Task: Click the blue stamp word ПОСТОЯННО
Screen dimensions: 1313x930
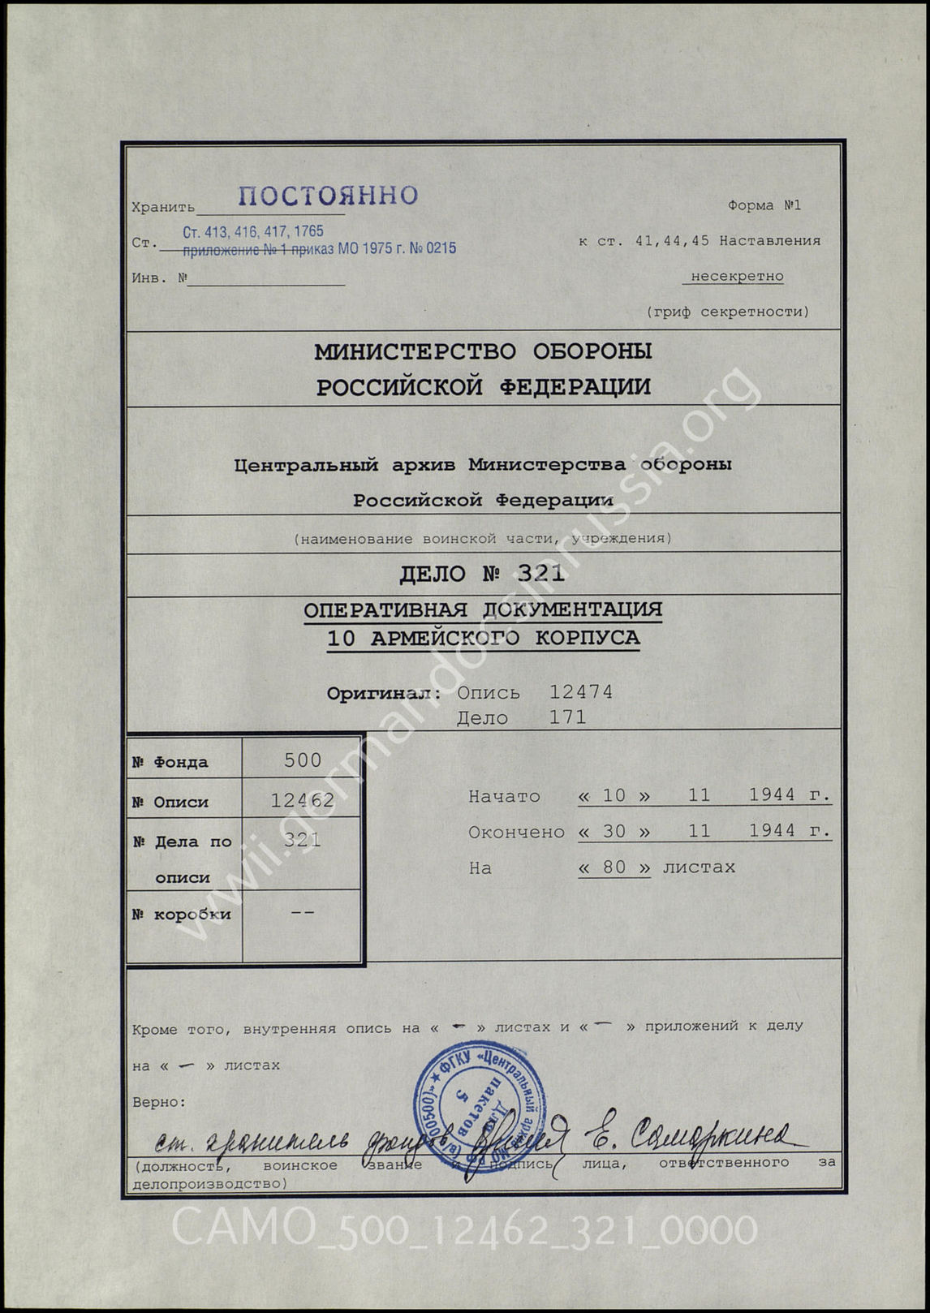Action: [328, 196]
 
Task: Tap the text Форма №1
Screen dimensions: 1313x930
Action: [764, 205]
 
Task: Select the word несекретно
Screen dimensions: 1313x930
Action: [737, 276]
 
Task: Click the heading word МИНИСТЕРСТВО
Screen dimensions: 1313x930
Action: [415, 351]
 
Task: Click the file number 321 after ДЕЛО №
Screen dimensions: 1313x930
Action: [540, 574]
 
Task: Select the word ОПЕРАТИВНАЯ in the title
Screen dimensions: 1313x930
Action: [386, 609]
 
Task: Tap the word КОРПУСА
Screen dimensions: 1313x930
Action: [588, 638]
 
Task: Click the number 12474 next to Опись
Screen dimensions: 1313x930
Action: [581, 692]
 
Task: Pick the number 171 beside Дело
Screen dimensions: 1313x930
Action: [567, 717]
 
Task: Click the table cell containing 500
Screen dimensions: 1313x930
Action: [303, 760]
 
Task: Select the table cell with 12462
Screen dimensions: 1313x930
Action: [302, 800]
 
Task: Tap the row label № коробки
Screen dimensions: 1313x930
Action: [182, 915]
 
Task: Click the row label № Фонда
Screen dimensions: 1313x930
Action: [170, 762]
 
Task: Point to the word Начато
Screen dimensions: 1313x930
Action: [504, 796]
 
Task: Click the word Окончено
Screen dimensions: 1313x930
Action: [516, 832]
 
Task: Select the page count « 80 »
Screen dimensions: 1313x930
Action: [614, 867]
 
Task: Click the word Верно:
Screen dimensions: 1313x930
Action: [159, 1102]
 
